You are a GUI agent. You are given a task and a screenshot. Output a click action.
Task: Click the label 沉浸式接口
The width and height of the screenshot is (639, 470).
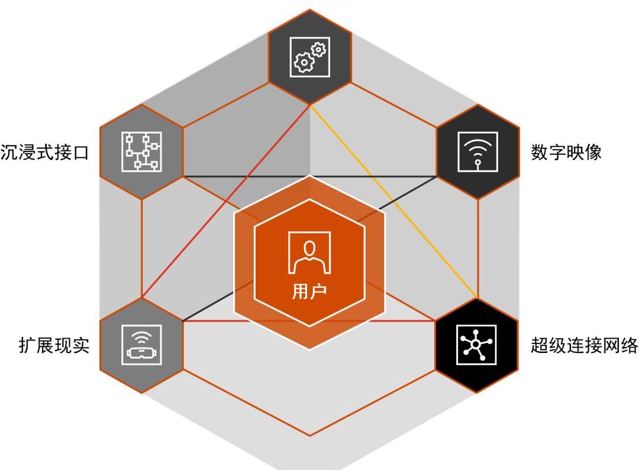click(x=45, y=153)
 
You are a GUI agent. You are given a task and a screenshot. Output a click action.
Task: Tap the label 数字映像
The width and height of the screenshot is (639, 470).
click(x=566, y=152)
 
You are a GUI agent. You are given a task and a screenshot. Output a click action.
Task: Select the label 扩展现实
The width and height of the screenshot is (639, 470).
click(x=54, y=345)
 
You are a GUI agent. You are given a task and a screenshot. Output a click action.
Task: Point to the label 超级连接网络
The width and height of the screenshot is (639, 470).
click(x=584, y=345)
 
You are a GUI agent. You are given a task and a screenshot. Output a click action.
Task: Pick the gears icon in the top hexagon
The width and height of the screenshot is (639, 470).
click(x=310, y=56)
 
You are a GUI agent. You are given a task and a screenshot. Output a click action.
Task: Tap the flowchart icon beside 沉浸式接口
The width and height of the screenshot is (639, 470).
click(x=141, y=151)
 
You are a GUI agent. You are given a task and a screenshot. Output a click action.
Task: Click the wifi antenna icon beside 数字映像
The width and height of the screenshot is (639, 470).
click(x=478, y=151)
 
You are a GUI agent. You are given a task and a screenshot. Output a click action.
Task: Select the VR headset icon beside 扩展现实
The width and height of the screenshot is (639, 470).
click(x=141, y=345)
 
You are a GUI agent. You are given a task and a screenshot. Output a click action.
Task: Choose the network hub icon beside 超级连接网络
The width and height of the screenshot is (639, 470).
click(x=478, y=345)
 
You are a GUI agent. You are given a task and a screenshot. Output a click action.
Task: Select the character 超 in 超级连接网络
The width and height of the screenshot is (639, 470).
click(x=540, y=345)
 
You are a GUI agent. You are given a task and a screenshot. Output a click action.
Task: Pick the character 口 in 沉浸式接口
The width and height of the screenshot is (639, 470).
click(x=80, y=153)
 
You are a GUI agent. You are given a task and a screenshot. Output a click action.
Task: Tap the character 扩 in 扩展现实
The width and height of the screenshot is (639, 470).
click(x=27, y=345)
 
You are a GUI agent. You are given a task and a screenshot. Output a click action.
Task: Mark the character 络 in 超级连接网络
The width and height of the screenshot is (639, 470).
click(x=629, y=345)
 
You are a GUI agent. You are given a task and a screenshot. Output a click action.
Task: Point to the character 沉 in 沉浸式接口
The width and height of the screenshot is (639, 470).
click(x=9, y=153)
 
